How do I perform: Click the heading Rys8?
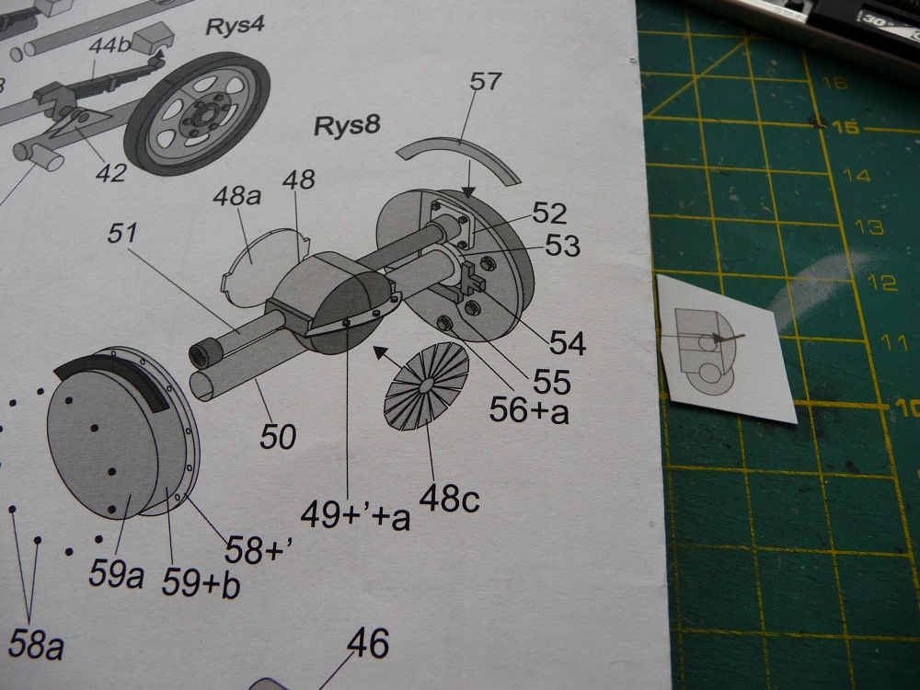(x=347, y=125)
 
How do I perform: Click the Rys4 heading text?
(x=235, y=26)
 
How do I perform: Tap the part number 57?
(x=485, y=82)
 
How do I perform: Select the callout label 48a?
(x=236, y=195)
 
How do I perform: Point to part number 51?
(x=122, y=234)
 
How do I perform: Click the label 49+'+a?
(x=355, y=516)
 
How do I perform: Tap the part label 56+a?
(x=529, y=410)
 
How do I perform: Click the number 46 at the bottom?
(x=368, y=643)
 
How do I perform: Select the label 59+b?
(x=201, y=583)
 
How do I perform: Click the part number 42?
(x=111, y=173)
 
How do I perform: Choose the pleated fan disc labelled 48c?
(x=427, y=385)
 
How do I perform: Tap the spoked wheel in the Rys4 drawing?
(x=197, y=114)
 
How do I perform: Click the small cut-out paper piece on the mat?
(x=727, y=348)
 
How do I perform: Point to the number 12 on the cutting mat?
(x=881, y=282)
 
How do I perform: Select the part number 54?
(x=568, y=343)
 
